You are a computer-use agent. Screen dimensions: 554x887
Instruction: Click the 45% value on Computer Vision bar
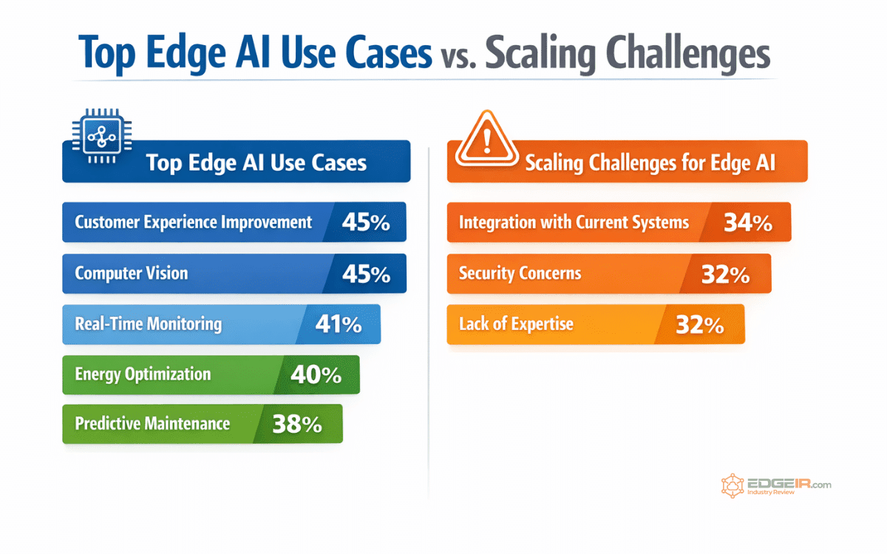pos(366,274)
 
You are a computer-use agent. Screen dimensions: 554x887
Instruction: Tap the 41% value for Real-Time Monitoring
pos(338,324)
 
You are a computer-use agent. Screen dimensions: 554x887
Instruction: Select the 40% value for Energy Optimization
pos(316,375)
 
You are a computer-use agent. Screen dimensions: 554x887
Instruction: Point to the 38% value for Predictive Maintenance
pos(297,424)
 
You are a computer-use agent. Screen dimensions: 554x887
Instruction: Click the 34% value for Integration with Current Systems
pos(748,222)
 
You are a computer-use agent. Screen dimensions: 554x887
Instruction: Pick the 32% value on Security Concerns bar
pos(725,274)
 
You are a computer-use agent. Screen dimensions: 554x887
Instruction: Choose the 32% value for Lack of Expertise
pos(699,324)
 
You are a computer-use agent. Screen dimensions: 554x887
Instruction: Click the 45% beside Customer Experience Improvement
pos(366,222)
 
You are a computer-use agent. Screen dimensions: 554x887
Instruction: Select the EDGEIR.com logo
pos(776,486)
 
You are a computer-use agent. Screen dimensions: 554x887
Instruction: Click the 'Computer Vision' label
pos(132,273)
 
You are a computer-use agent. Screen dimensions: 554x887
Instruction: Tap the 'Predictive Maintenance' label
pos(152,424)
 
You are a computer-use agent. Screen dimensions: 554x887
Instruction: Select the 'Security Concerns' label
pos(520,273)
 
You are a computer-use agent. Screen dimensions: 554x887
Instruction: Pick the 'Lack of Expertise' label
pos(516,324)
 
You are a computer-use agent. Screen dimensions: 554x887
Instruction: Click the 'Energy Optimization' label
pos(142,374)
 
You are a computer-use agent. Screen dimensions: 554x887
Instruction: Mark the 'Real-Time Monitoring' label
pos(148,324)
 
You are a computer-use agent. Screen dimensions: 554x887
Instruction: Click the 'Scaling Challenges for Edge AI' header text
pos(650,163)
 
